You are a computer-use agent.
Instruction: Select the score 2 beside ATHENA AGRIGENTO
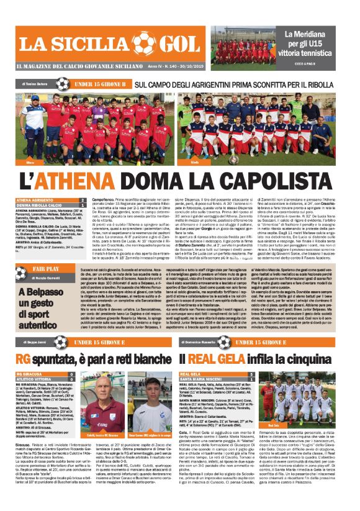coord(83,200)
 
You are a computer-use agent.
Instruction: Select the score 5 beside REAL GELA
coord(251,374)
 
